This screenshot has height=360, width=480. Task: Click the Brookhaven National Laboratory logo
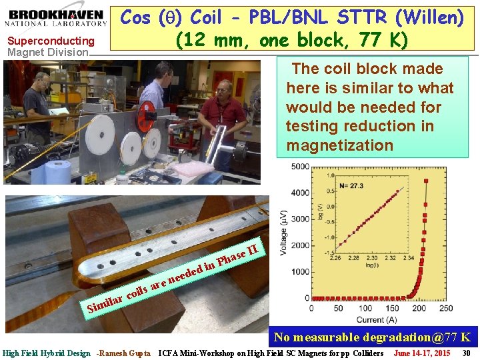click(x=57, y=17)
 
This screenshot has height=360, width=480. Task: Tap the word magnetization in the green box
click(x=339, y=145)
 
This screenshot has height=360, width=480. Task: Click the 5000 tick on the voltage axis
click(x=301, y=167)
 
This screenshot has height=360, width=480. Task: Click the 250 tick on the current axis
click(x=445, y=309)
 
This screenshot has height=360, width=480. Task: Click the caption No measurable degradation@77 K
click(x=373, y=337)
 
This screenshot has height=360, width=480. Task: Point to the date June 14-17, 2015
click(x=422, y=353)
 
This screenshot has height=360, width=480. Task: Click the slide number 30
click(x=467, y=353)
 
